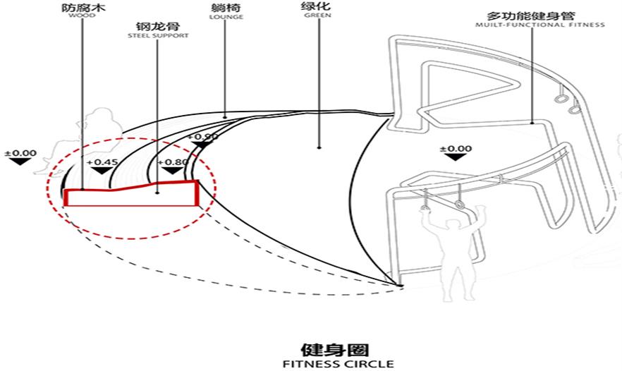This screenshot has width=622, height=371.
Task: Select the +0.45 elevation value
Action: pyautogui.click(x=100, y=162)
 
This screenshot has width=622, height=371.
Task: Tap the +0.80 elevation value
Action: pyautogui.click(x=175, y=162)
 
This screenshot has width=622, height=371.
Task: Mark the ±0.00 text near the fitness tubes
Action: pyautogui.click(x=455, y=149)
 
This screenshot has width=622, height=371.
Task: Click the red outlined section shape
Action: pyautogui.click(x=130, y=197)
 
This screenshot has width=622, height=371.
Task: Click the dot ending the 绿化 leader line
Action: pyautogui.click(x=319, y=148)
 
